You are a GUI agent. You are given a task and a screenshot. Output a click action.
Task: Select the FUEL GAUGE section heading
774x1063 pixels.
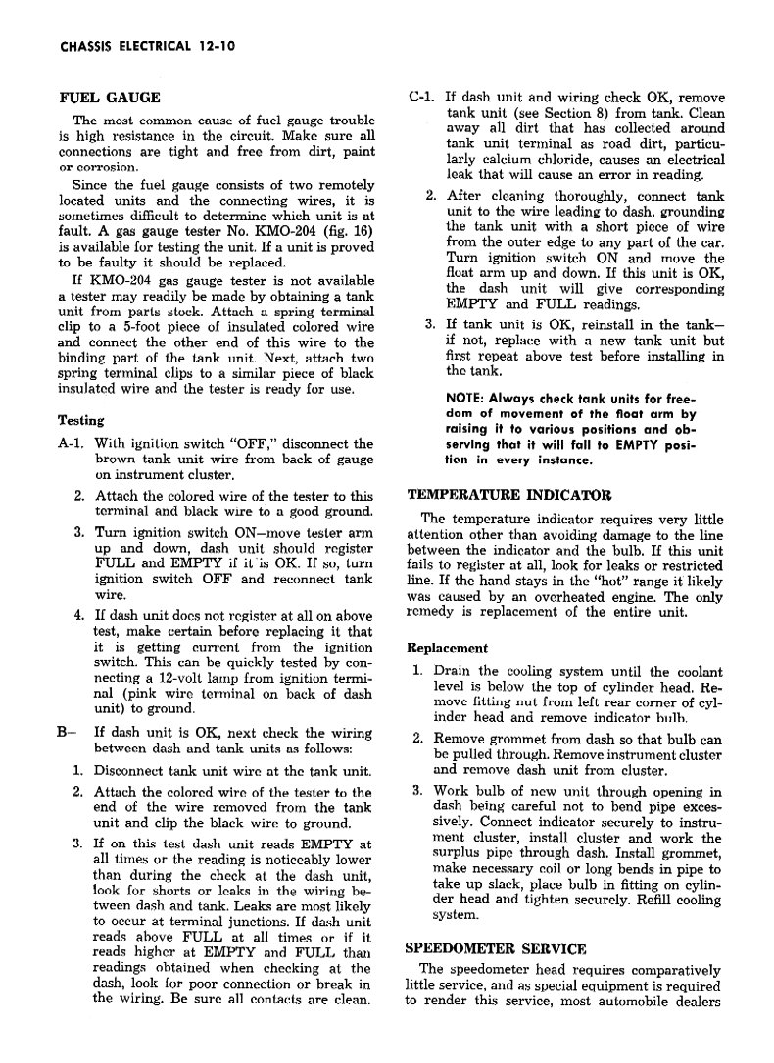click(110, 98)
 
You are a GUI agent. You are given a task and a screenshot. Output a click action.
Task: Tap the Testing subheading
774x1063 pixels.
click(81, 420)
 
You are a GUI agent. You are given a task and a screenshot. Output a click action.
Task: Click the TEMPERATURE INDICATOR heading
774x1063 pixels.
click(509, 495)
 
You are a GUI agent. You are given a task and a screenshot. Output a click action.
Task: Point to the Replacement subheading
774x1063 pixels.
click(448, 649)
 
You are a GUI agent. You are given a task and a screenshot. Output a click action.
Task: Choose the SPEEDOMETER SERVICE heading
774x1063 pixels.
click(496, 948)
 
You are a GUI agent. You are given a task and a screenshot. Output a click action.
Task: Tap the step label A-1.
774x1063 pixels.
click(72, 444)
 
